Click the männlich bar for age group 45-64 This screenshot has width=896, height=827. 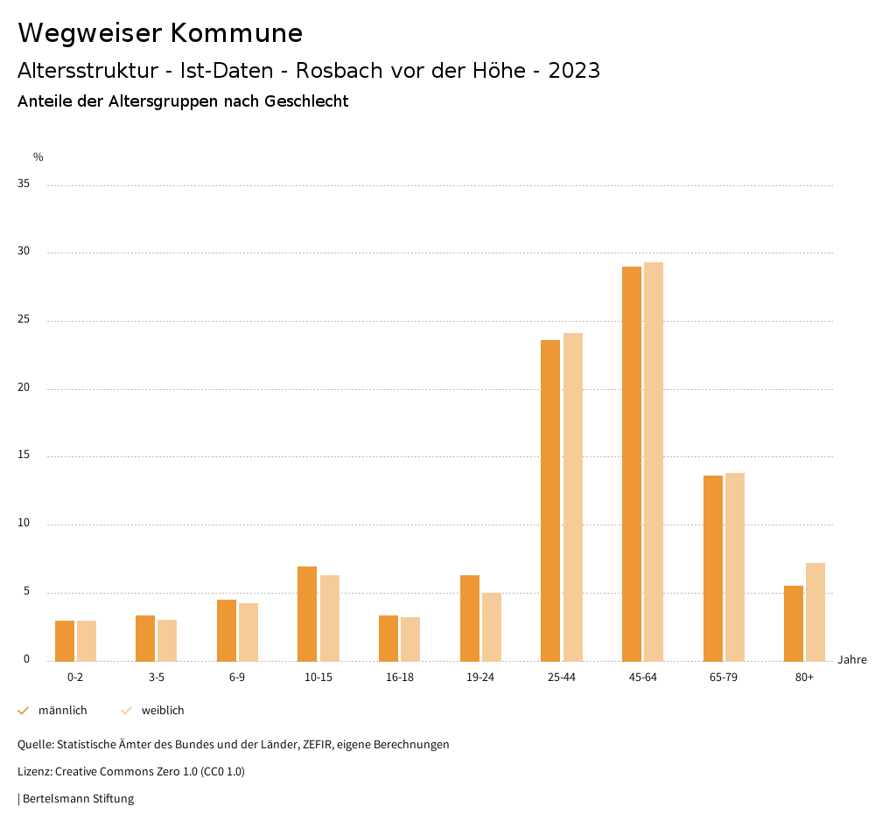click(x=632, y=463)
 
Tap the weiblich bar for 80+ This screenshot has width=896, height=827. click(x=815, y=612)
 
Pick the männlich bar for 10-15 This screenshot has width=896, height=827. click(x=307, y=614)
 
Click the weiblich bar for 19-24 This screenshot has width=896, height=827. click(x=492, y=627)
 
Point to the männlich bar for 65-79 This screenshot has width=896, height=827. click(x=713, y=568)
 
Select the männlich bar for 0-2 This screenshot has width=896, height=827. click(x=65, y=641)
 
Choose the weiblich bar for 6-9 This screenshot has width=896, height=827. click(x=248, y=632)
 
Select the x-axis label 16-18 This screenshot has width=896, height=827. click(x=400, y=678)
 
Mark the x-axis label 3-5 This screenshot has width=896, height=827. click(x=157, y=678)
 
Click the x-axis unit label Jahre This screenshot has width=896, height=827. click(x=852, y=660)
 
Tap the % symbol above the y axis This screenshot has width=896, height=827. click(x=38, y=157)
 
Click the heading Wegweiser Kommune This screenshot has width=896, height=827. click(x=160, y=33)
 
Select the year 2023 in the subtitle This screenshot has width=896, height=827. click(x=574, y=71)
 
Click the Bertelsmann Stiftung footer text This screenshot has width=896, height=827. click(x=78, y=799)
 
